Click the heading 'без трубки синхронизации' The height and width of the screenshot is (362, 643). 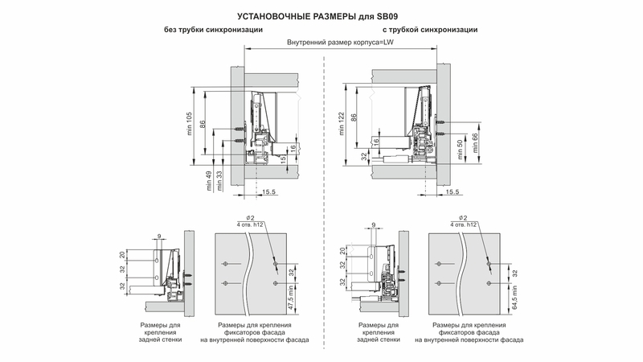(211, 30)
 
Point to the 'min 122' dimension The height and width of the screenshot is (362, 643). (342, 125)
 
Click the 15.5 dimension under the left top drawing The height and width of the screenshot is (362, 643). (269, 192)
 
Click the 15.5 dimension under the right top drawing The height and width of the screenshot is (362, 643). (452, 192)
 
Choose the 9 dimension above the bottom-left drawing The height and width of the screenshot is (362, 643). (159, 235)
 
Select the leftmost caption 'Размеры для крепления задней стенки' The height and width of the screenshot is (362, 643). (160, 332)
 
